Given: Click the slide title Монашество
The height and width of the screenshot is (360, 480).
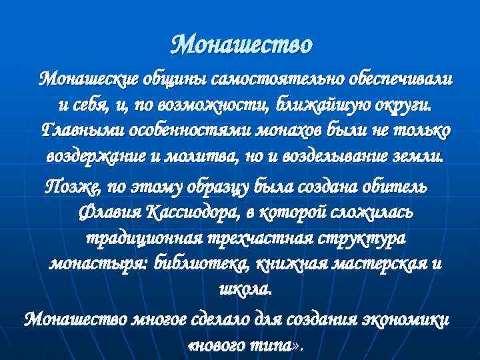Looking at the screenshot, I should pyautogui.click(x=241, y=45).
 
